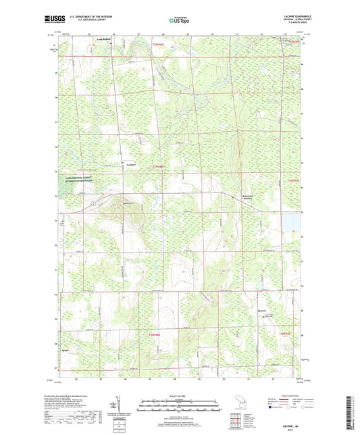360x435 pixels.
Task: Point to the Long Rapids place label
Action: tap(100, 39)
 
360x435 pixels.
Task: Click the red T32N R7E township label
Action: tap(291, 42)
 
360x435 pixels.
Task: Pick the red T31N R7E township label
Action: tap(291, 180)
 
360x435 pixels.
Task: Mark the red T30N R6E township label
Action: tap(154, 334)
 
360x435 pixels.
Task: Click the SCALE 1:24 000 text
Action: tap(180, 396)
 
